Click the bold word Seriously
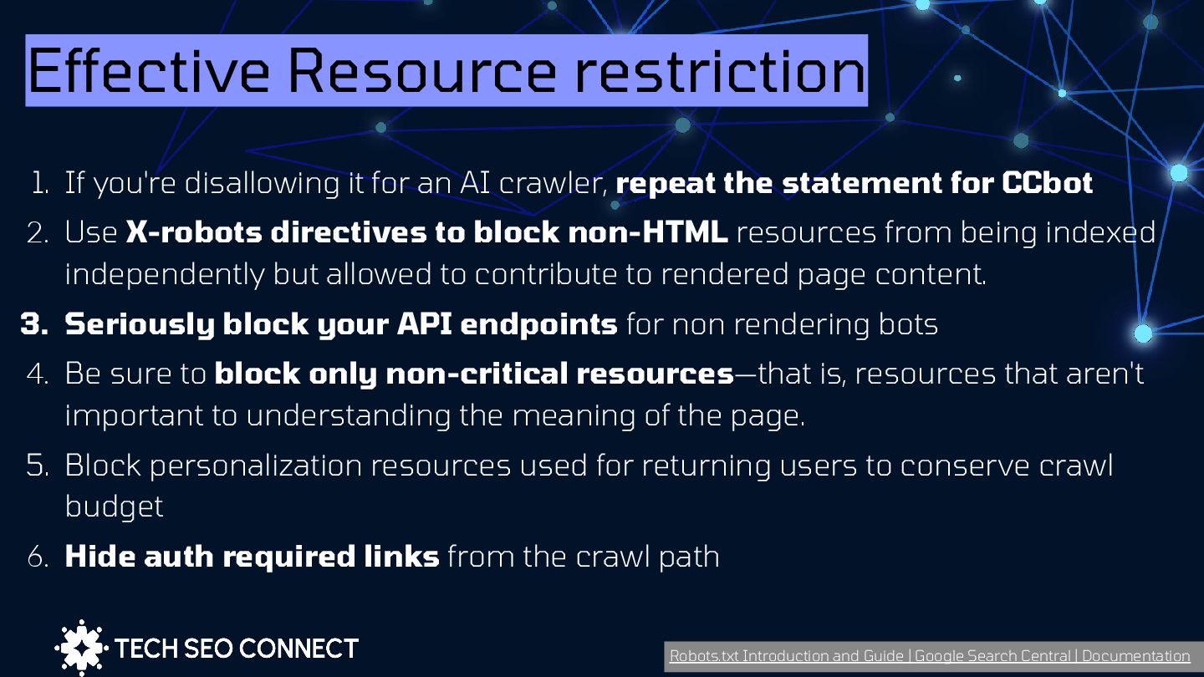point(139,324)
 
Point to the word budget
point(114,506)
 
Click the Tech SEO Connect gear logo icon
point(81,648)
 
